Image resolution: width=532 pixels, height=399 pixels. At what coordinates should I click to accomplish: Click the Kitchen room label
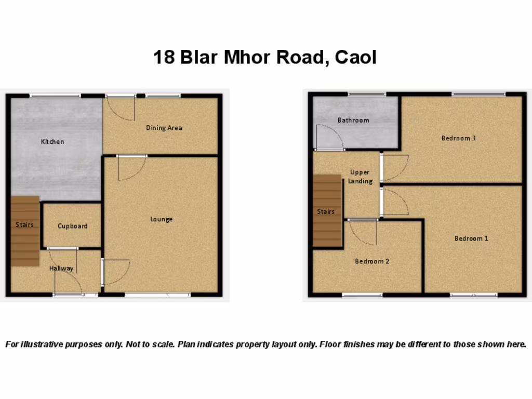tap(52, 141)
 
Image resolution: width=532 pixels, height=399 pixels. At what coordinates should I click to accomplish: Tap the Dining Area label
tap(164, 128)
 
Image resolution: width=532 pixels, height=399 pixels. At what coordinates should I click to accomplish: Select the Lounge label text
tap(161, 219)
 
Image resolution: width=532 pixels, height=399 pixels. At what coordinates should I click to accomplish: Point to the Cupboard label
tap(72, 226)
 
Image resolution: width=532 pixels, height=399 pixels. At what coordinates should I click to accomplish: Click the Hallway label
tap(61, 268)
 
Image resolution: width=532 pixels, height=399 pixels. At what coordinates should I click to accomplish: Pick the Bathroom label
tap(353, 120)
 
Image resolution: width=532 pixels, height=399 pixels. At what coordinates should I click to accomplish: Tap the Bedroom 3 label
tap(458, 138)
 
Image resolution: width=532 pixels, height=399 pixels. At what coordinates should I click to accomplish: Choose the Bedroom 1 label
tap(471, 238)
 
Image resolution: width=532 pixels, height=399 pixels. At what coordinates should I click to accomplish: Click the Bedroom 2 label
tap(372, 261)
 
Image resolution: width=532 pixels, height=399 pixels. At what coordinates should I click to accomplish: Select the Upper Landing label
tap(360, 177)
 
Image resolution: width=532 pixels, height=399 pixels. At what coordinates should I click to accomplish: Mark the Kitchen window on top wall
tap(55, 96)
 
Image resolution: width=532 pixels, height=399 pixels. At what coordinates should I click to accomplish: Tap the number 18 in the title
tap(164, 57)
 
